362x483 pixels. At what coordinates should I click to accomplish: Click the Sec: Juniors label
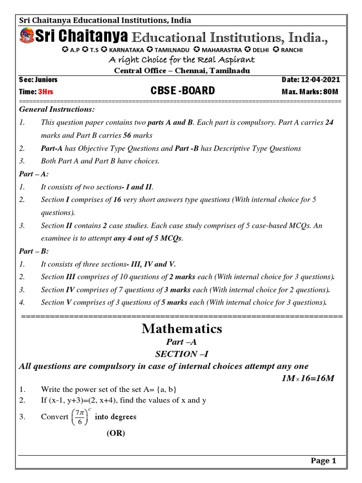coord(38,80)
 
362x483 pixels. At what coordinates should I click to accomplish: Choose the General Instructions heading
coord(57,109)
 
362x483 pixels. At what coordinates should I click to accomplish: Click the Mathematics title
coord(181,329)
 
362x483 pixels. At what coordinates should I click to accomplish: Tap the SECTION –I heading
coord(181,354)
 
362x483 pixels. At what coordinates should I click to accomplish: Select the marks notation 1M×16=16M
coord(307,378)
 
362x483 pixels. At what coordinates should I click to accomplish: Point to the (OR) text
coord(115,433)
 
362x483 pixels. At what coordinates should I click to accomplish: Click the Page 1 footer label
coord(323,461)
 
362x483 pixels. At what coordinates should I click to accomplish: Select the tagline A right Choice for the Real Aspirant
coord(181,60)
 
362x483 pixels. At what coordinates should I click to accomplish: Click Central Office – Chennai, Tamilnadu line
coord(181,71)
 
